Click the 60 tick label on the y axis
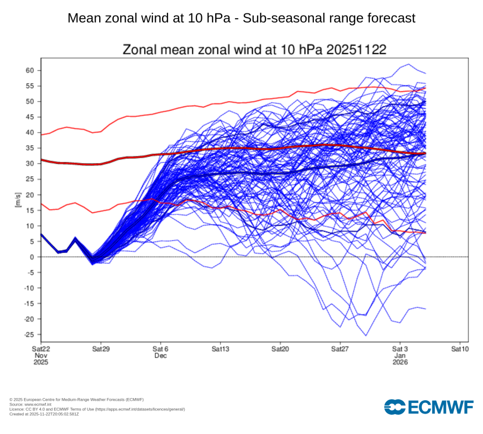pos(30,71)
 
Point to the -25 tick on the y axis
pos(28,334)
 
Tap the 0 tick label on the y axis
pos(32,257)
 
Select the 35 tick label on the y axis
pos(30,148)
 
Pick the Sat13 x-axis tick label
pos(220,349)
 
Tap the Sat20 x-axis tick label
pos(280,349)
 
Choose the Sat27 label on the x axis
pos(340,349)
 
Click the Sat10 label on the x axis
pos(459,349)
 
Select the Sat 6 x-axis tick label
pos(160,349)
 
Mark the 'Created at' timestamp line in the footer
pos(44,414)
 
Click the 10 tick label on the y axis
pos(30,226)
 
